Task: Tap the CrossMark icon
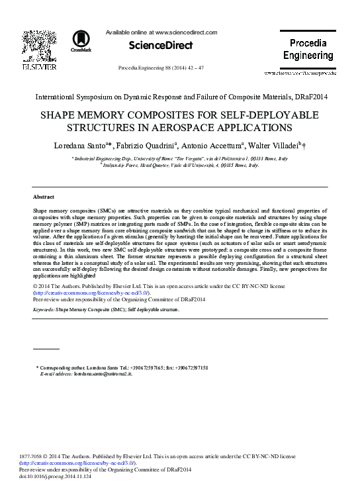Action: click(x=81, y=40)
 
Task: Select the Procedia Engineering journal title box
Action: click(x=308, y=49)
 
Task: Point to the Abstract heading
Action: click(x=44, y=197)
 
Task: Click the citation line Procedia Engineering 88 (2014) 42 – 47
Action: click(x=161, y=68)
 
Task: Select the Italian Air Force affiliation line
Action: click(x=180, y=165)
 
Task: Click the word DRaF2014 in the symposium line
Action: click(x=309, y=97)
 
